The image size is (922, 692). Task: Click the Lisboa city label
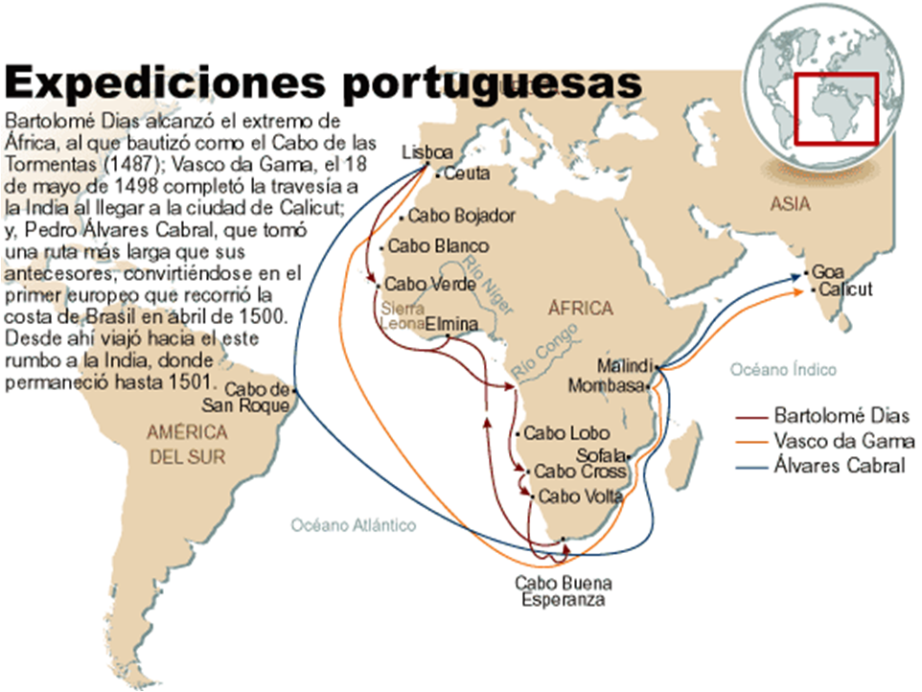[426, 152]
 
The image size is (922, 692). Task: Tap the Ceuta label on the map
[467, 174]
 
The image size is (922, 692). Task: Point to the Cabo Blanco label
[438, 246]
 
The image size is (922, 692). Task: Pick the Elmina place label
[450, 324]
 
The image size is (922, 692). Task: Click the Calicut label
[846, 289]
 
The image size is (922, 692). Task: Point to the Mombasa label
[606, 386]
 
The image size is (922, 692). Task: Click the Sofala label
[600, 454]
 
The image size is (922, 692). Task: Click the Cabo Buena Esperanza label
[564, 591]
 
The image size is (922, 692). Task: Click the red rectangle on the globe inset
[835, 107]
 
